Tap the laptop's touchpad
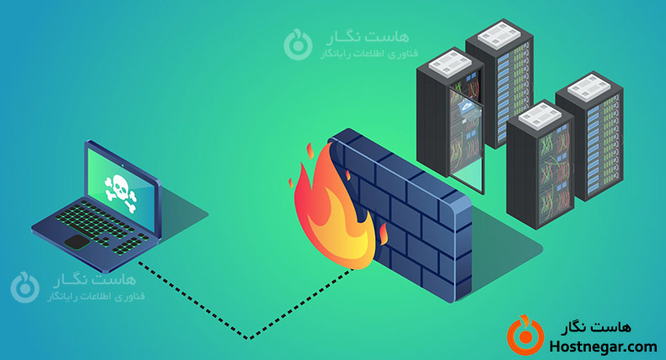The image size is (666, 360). coord(78,243)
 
